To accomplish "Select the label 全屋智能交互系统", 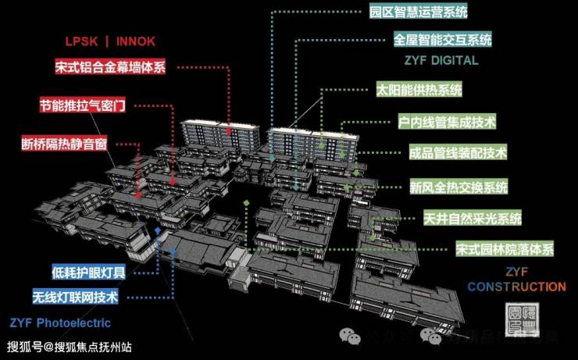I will click(443, 39).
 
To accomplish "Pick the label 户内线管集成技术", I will click(447, 122).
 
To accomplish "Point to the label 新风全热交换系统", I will click(458, 187).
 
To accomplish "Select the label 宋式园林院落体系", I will click(504, 250).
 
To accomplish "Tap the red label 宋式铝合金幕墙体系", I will click(111, 67).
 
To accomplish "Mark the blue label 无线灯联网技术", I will click(75, 298).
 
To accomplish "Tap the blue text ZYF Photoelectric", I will click(60, 323).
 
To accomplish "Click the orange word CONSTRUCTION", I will click(516, 287).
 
